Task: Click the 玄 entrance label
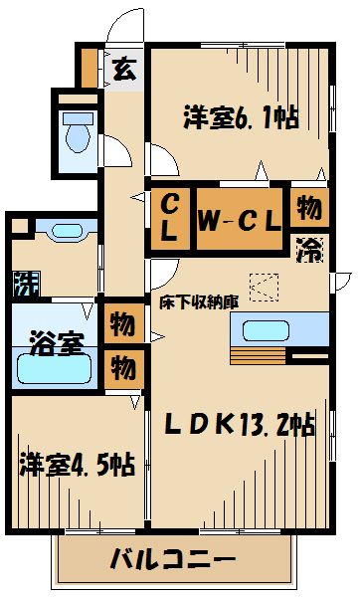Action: (x=124, y=70)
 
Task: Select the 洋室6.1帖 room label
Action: (x=241, y=116)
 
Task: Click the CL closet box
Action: (x=170, y=217)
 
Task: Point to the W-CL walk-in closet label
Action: (x=239, y=218)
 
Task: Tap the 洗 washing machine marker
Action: (x=23, y=285)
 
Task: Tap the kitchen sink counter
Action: (x=278, y=329)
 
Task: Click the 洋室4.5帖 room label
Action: (x=77, y=464)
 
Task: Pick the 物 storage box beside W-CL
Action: (x=309, y=208)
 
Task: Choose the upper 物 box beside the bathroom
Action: (x=123, y=324)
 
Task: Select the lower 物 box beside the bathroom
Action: (x=123, y=367)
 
